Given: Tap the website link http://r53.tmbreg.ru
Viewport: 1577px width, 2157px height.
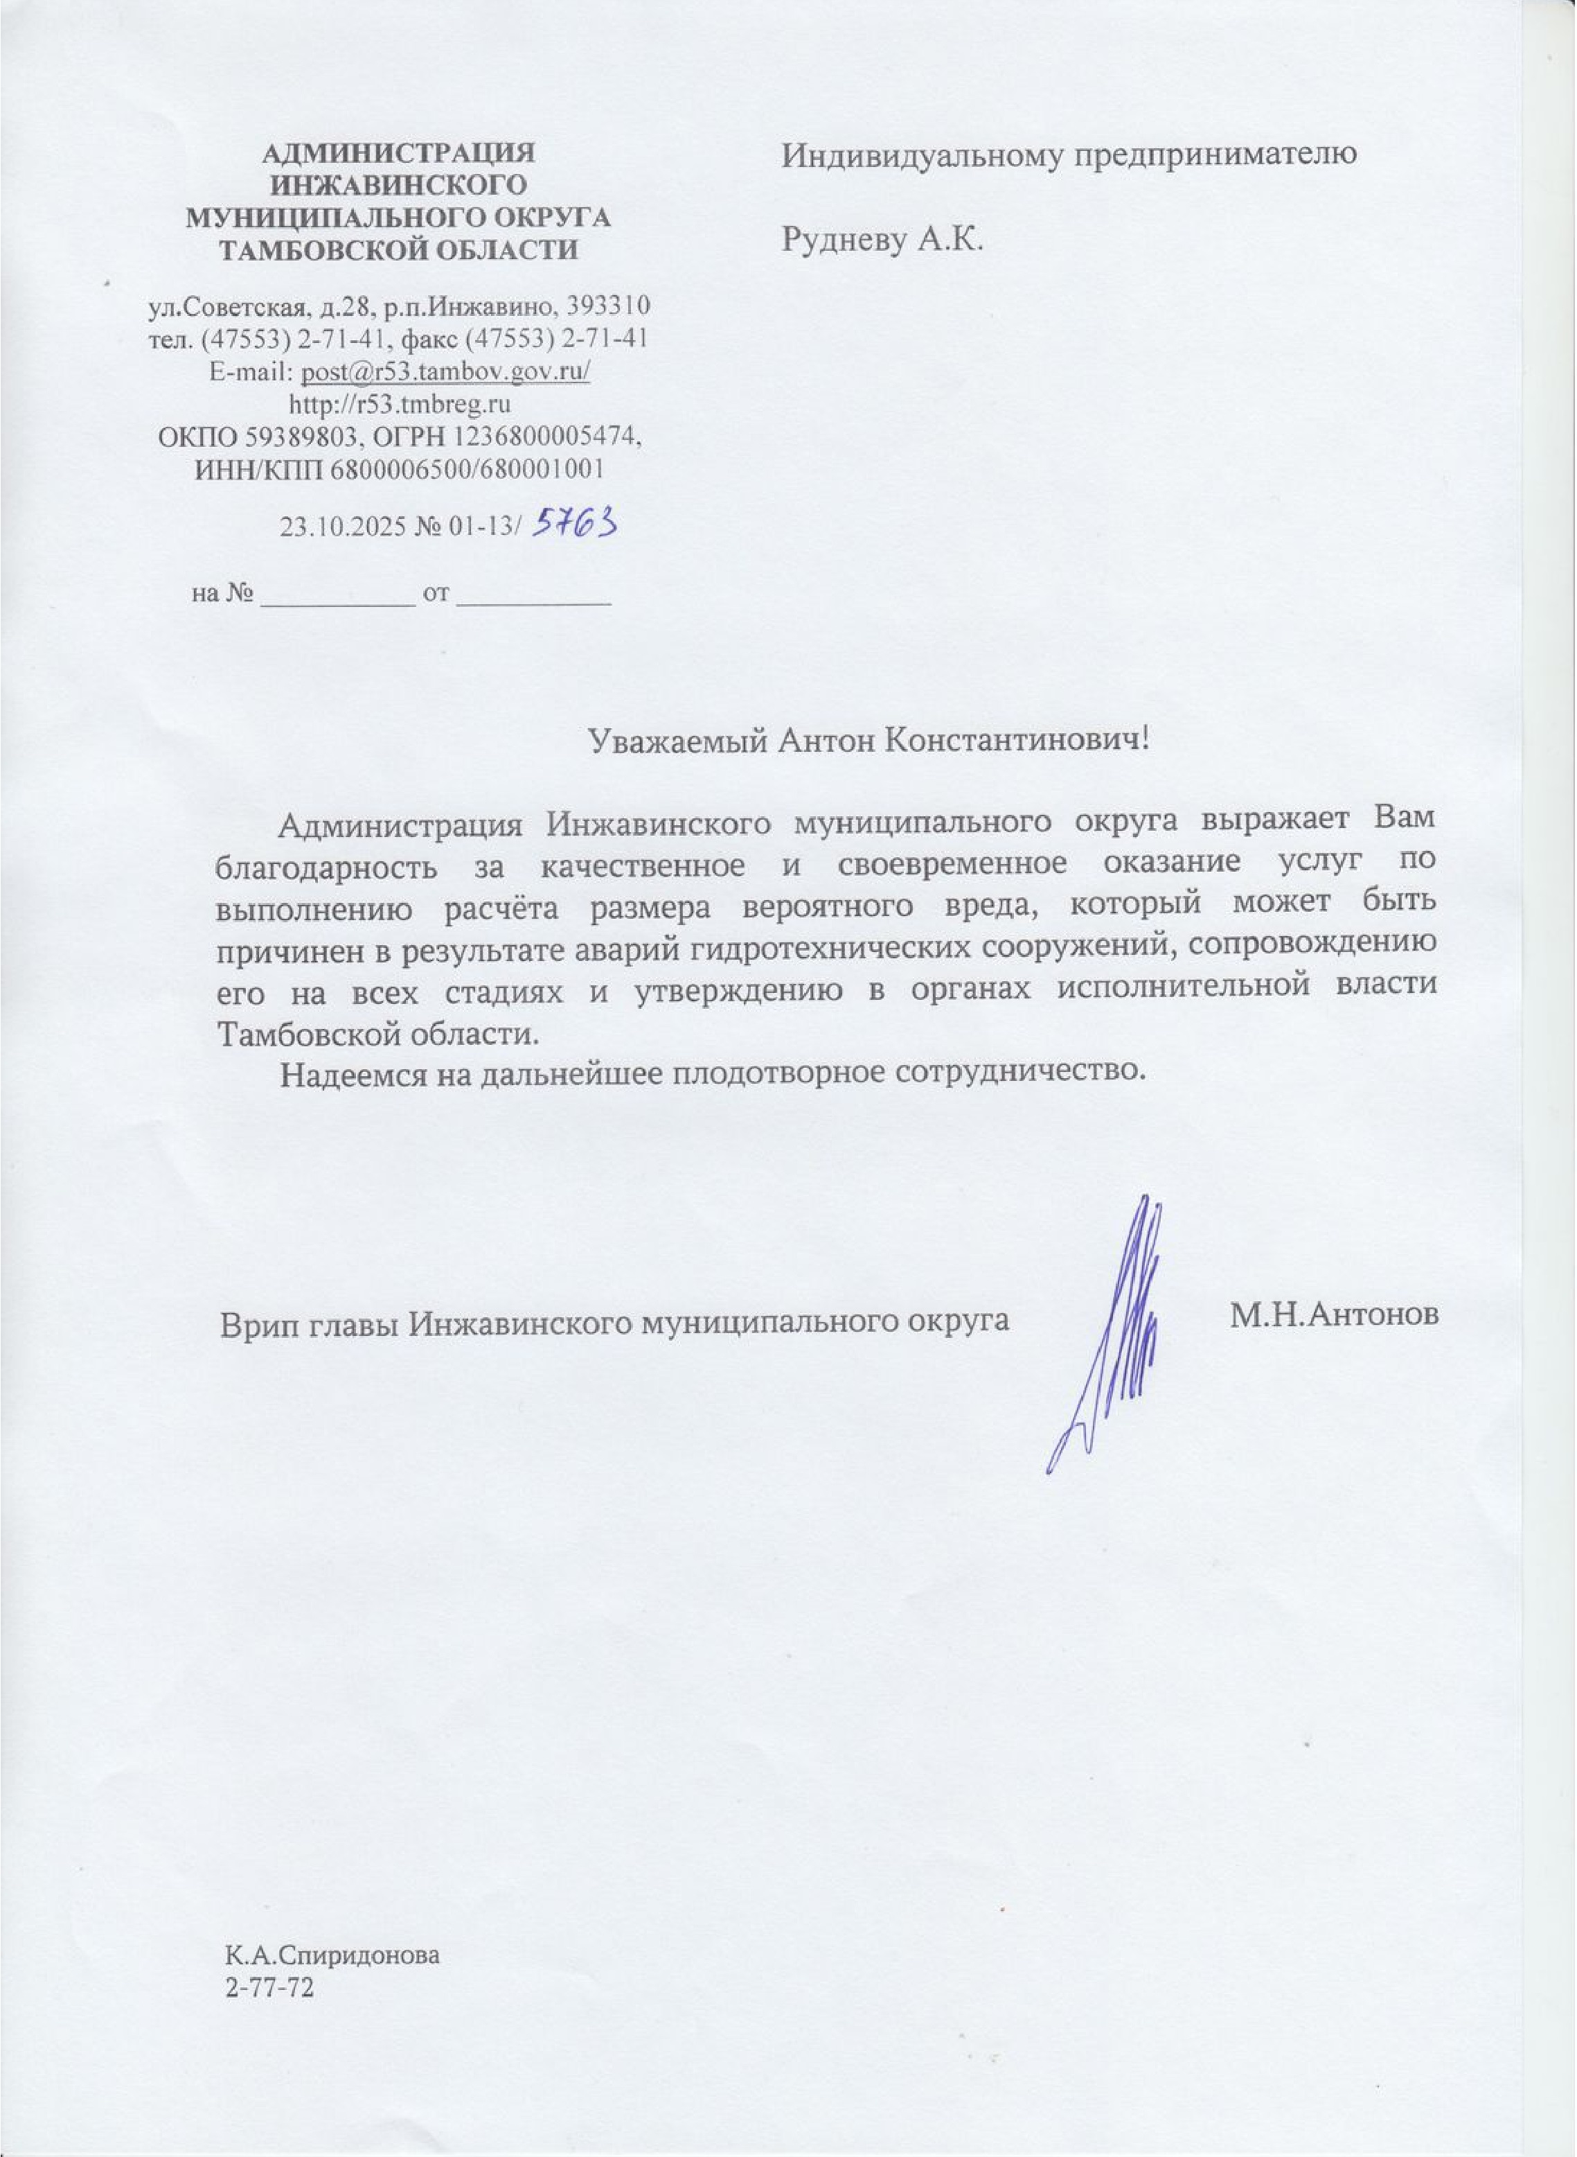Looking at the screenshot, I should pos(399,404).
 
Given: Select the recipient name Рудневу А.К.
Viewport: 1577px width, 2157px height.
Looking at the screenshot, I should pos(882,240).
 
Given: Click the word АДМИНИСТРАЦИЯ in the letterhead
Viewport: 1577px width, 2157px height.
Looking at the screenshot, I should pos(399,152).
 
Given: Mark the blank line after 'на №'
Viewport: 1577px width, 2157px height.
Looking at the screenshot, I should pos(337,599).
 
